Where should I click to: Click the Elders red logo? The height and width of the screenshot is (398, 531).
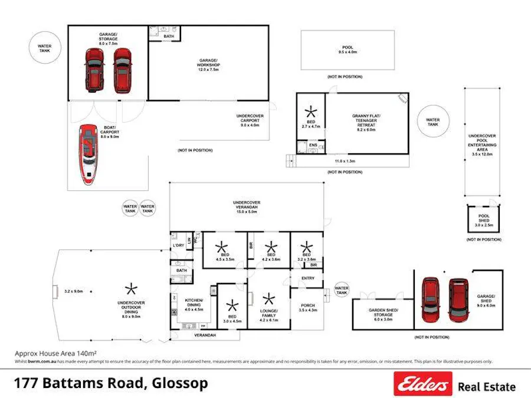pos(422,384)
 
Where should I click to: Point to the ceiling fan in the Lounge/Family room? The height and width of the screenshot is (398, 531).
pos(268,299)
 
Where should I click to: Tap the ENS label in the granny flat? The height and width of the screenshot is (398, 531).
pos(313,144)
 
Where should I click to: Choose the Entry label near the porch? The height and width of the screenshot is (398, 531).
pos(307,278)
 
